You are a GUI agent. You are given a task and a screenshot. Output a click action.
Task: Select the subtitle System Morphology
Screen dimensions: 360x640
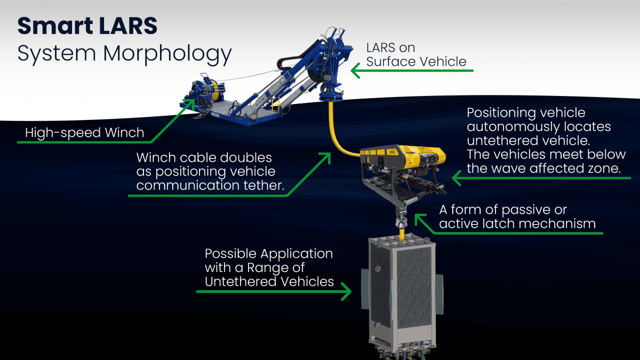point(124,54)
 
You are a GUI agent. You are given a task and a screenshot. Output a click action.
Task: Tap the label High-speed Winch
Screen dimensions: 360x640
point(84,132)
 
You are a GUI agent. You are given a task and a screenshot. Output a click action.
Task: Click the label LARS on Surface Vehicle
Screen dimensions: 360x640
point(416,55)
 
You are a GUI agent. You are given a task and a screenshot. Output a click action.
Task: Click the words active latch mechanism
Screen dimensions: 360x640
point(517,223)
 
